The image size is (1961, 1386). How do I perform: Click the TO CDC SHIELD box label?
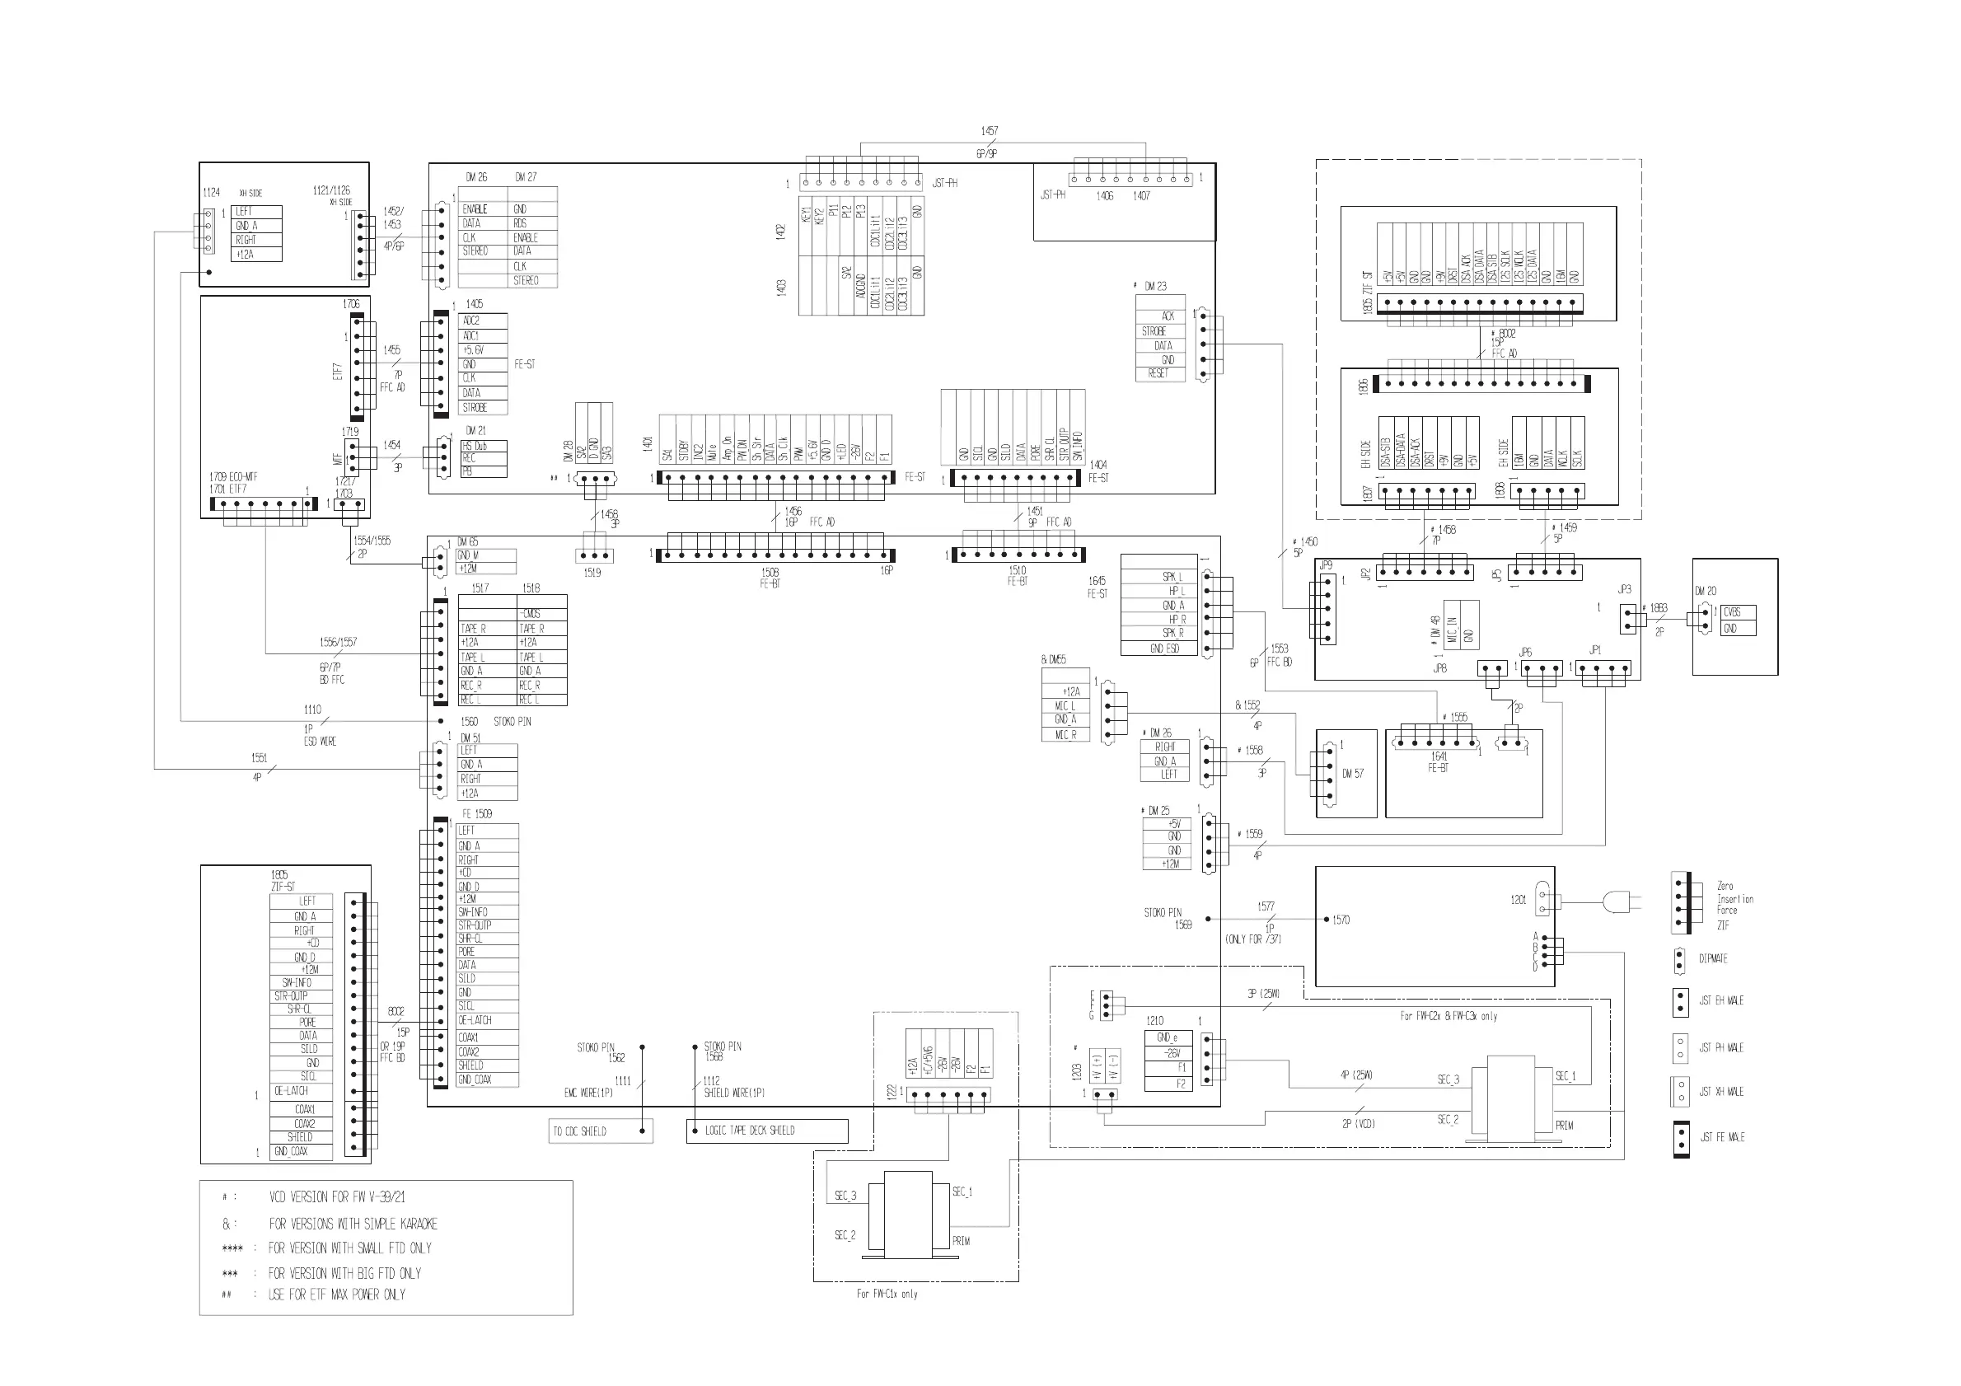coord(580,1131)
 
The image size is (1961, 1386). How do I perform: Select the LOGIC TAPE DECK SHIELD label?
coord(749,1131)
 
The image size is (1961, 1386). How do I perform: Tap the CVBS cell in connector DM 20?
coord(1732,612)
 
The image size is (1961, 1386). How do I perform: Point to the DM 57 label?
coord(1353,774)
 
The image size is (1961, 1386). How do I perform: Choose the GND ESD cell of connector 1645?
coord(1164,649)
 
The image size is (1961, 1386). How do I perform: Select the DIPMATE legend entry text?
coord(1713,959)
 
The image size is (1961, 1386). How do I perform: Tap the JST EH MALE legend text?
coord(1721,1001)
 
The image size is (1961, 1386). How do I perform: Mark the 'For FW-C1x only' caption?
coord(887,1294)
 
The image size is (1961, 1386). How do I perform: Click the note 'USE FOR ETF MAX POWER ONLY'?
coord(336,1295)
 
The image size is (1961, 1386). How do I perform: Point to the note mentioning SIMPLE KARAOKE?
coord(353,1224)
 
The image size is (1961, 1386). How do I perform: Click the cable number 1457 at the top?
coord(989,131)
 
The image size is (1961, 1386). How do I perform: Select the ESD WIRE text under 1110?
coord(321,742)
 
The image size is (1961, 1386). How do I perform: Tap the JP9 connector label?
coord(1325,565)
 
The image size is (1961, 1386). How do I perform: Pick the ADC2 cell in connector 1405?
coord(470,321)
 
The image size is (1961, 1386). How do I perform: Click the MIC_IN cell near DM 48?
coord(1453,630)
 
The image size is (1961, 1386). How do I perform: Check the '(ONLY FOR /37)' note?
coord(1253,939)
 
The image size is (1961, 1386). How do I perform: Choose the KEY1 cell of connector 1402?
coord(806,217)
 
